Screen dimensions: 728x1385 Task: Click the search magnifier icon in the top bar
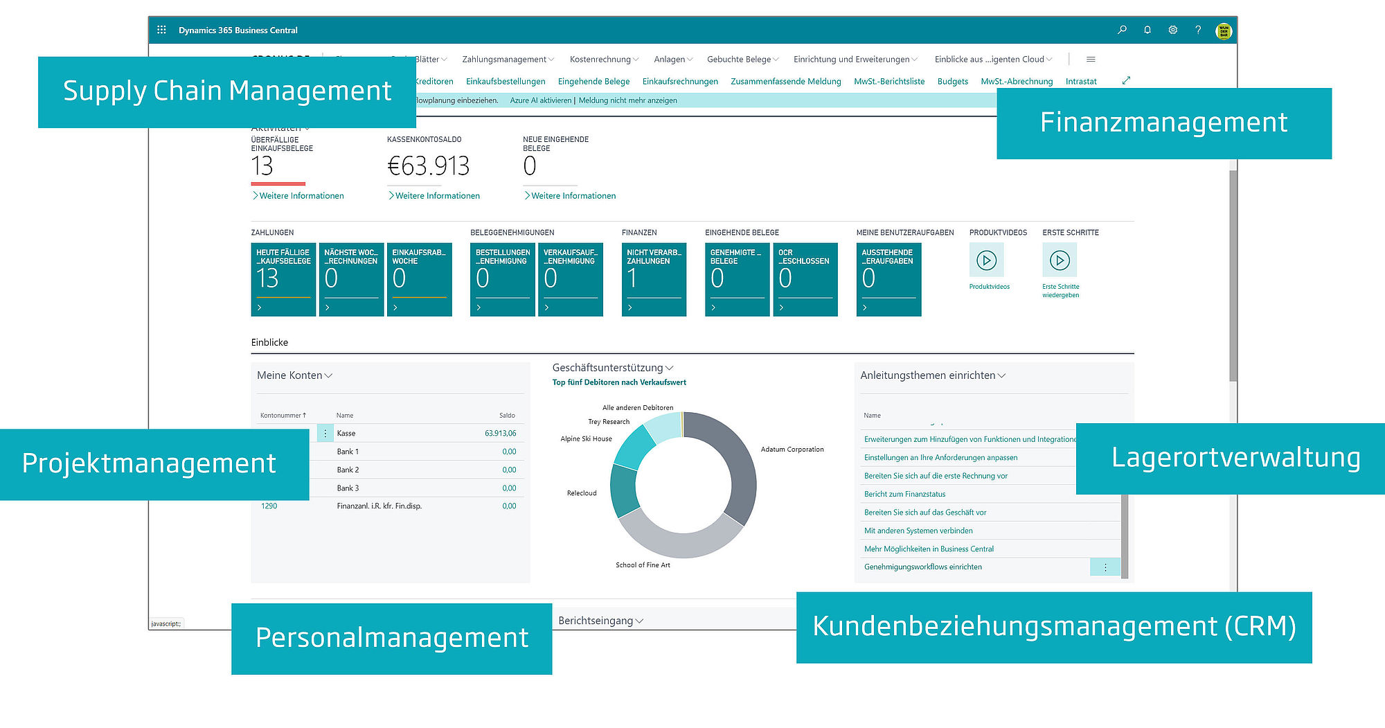coord(1122,30)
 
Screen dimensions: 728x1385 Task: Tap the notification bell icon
coord(1147,30)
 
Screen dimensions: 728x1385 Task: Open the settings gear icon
coord(1172,30)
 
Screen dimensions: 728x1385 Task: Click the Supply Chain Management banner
coord(227,91)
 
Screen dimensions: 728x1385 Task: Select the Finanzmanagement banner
coord(1163,123)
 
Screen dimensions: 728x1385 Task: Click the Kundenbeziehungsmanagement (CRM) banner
coord(1053,627)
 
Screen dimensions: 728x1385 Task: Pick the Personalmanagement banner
coord(391,638)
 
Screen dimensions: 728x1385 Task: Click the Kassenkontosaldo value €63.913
coord(428,166)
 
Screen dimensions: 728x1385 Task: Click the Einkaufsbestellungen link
coord(506,82)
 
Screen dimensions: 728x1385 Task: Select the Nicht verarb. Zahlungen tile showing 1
coord(654,279)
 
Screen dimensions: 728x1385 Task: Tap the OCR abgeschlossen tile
coord(805,279)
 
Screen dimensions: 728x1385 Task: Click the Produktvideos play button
coord(986,260)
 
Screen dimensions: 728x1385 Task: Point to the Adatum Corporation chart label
coord(792,450)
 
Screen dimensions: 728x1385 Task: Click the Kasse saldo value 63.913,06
coord(500,434)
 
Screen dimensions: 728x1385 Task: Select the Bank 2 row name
coord(348,470)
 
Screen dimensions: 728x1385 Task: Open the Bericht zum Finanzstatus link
coord(904,495)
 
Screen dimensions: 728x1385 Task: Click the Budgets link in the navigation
coord(952,82)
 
